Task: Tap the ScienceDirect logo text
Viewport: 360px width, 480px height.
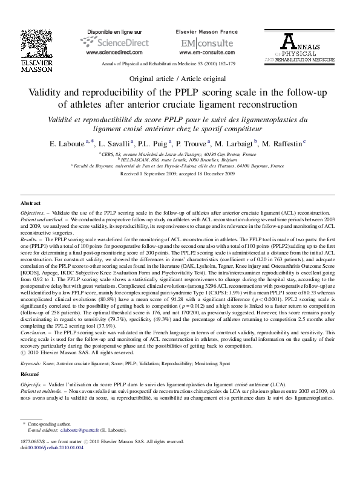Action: [109, 44]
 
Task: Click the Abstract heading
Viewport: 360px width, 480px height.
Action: [31, 204]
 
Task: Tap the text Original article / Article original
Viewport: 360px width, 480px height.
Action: [180, 79]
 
